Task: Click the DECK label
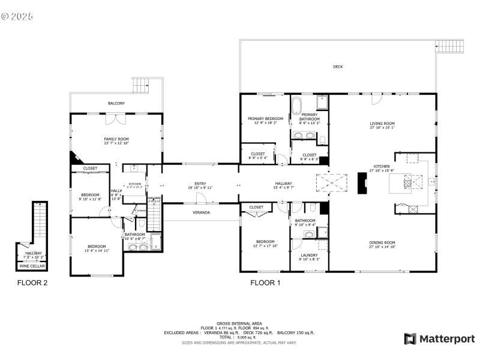click(x=338, y=67)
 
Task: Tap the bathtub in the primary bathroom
click(x=296, y=109)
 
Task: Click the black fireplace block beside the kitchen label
click(x=362, y=183)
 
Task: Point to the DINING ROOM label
click(x=382, y=242)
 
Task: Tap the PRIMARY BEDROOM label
click(x=265, y=119)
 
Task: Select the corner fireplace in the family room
click(x=75, y=157)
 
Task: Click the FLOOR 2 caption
click(x=32, y=283)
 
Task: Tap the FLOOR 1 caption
click(x=265, y=283)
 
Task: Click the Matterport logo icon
click(x=410, y=339)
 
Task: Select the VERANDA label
click(x=201, y=212)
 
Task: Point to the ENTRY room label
click(x=200, y=184)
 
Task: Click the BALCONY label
click(x=116, y=104)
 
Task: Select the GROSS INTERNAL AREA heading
click(x=239, y=323)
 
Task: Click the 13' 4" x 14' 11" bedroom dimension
click(x=97, y=251)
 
